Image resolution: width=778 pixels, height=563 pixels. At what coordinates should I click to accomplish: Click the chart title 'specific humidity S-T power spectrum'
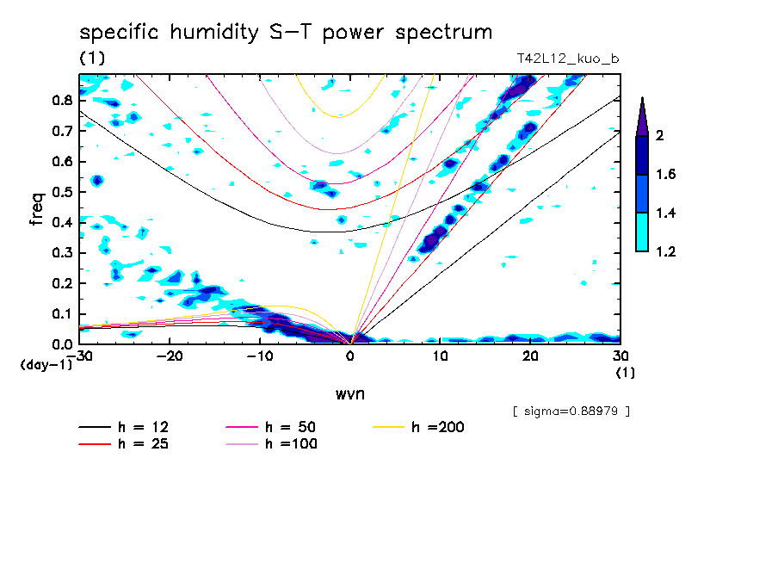click(286, 33)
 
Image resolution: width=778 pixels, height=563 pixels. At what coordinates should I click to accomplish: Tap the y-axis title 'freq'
click(37, 208)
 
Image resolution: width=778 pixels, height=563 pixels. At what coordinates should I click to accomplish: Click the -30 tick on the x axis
click(81, 356)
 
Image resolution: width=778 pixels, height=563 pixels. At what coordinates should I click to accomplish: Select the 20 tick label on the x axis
click(530, 356)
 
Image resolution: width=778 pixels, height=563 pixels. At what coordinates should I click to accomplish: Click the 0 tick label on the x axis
click(350, 356)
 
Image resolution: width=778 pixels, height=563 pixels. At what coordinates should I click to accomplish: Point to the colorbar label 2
click(663, 135)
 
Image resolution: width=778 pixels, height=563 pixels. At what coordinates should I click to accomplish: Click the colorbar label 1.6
click(667, 175)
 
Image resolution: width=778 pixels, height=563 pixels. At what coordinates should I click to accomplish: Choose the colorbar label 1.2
click(667, 251)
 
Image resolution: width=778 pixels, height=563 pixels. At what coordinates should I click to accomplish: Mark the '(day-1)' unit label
click(46, 365)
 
